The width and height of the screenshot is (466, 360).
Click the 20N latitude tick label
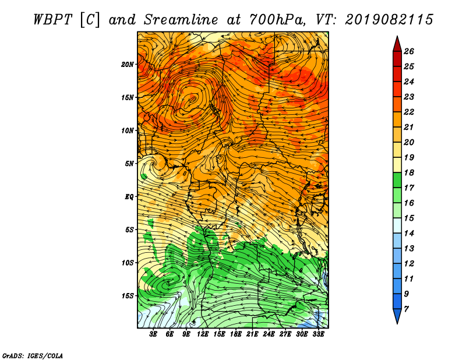click(128, 65)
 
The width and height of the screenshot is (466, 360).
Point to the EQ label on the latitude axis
click(129, 197)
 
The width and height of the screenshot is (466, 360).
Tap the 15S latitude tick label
click(128, 296)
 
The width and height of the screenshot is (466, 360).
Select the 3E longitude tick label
click(153, 334)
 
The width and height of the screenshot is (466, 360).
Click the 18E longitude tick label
click(236, 334)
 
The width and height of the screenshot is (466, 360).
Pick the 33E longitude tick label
click(318, 334)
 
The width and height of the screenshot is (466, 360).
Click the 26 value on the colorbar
click(409, 51)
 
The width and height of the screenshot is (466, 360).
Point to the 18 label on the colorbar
click(409, 172)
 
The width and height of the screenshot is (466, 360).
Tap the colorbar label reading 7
click(406, 309)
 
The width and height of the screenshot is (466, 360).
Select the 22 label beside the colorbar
click(409, 112)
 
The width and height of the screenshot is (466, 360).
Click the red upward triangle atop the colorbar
click(397, 44)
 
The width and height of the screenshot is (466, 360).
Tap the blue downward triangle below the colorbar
click(397, 316)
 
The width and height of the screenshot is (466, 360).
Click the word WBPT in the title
click(52, 20)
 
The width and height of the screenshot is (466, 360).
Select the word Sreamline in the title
click(181, 20)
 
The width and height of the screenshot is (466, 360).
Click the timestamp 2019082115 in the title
click(389, 20)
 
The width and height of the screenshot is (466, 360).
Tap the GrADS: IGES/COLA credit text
click(33, 355)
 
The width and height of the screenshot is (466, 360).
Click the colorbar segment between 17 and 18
click(397, 180)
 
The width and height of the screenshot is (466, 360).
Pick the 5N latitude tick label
click(129, 164)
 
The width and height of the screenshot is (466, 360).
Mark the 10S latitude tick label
click(128, 263)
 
